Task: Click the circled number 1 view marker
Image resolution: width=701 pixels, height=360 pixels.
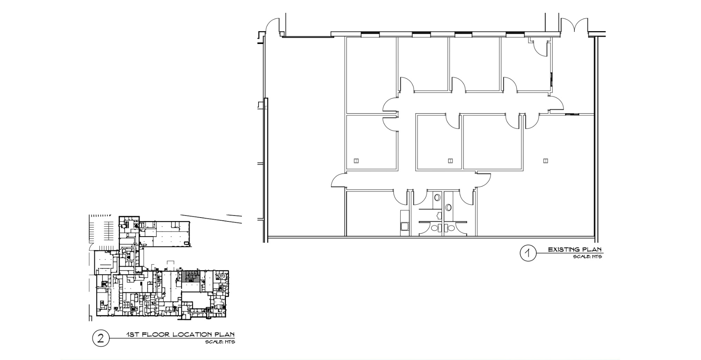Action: coord(528,253)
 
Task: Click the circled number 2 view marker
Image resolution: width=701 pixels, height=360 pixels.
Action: coord(100,338)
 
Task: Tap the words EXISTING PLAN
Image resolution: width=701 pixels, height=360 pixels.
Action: coord(574,249)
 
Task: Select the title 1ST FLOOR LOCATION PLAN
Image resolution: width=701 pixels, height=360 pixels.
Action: coord(180,334)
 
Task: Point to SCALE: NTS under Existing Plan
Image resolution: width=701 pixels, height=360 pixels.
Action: coord(587,257)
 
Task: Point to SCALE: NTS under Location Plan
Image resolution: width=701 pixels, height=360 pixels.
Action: coord(220,342)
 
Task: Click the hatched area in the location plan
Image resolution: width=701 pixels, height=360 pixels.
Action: coord(190,276)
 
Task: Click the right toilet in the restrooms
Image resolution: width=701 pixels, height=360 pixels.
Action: coord(451,228)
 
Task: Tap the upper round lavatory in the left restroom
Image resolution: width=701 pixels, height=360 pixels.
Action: coord(437,198)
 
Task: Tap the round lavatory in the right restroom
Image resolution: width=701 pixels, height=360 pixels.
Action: coord(449,207)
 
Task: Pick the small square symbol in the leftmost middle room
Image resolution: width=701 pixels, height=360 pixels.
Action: coord(356,161)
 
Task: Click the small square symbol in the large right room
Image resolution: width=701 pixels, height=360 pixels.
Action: coord(545,161)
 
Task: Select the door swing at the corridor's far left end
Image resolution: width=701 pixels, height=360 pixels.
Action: coord(339,180)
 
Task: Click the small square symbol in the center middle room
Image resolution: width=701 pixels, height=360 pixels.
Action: coord(450,161)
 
